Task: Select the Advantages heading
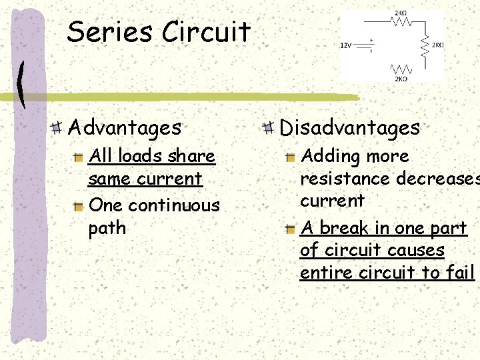tap(125, 127)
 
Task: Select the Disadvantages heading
tap(349, 127)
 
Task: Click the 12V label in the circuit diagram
tap(347, 45)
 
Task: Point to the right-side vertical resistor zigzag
tap(423, 45)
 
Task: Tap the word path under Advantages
tap(107, 228)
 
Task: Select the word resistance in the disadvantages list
tap(345, 179)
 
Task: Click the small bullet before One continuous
tap(78, 206)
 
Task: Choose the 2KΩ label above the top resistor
tap(401, 13)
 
